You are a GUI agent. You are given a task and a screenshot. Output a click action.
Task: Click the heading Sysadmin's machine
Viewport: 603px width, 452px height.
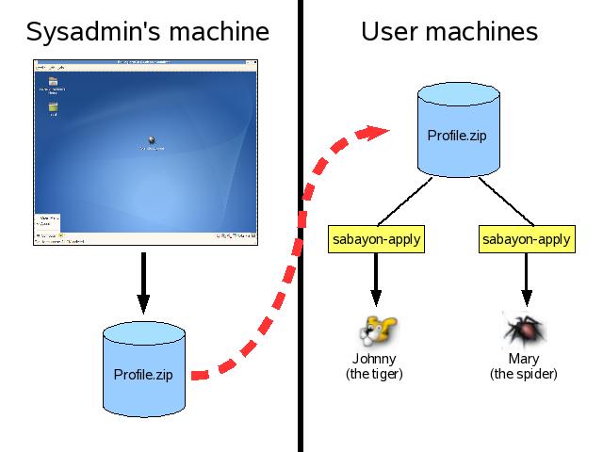(x=147, y=32)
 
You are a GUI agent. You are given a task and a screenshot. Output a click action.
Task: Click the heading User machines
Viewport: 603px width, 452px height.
(x=449, y=32)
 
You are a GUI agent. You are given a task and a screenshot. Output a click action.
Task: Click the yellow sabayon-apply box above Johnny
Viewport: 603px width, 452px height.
(x=376, y=239)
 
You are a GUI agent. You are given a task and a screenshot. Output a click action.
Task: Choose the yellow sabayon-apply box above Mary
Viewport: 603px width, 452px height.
(x=526, y=239)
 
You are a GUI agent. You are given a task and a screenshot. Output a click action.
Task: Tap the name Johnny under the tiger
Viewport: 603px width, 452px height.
(x=374, y=359)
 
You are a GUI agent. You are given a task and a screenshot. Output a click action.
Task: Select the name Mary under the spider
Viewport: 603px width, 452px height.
(x=523, y=359)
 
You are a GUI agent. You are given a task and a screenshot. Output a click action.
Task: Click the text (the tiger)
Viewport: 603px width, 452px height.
(x=374, y=374)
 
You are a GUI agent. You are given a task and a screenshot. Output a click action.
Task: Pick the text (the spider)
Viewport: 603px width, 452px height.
(x=523, y=374)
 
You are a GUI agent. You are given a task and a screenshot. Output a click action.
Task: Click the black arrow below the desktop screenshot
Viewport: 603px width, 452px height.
(x=143, y=282)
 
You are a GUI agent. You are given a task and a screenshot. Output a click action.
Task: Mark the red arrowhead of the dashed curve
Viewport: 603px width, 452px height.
(x=378, y=132)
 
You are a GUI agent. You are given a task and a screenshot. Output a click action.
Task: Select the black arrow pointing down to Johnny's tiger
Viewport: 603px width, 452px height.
(x=376, y=280)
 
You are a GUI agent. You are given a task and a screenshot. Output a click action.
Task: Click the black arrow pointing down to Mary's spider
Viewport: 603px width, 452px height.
(x=526, y=280)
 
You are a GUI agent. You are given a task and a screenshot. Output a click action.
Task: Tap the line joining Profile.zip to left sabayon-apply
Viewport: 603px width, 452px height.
(x=406, y=200)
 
